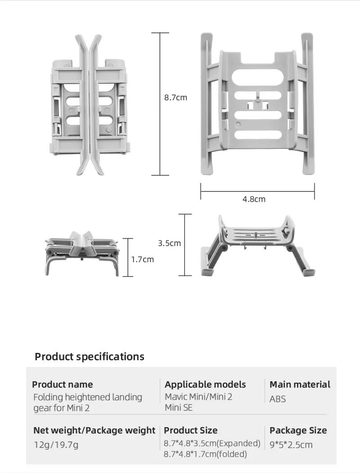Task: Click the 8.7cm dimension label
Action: pos(175,97)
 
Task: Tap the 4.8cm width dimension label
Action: pos(254,199)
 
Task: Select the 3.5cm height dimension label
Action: pos(169,243)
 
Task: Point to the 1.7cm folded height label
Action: pos(142,259)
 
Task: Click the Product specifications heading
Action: pos(90,357)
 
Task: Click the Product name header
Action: pos(63,384)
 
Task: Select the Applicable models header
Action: pos(205,384)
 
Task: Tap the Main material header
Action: pos(300,384)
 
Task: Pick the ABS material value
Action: pos(278,399)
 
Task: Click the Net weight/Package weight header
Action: pos(94,430)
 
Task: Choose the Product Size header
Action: pos(190,430)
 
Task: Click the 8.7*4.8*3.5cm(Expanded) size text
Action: pos(212,443)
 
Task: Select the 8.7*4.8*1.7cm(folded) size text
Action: pos(205,454)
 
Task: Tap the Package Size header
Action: pos(298,430)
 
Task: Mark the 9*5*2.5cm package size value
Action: pos(291,445)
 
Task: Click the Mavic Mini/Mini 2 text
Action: pos(198,397)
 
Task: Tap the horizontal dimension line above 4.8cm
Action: pos(257,191)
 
